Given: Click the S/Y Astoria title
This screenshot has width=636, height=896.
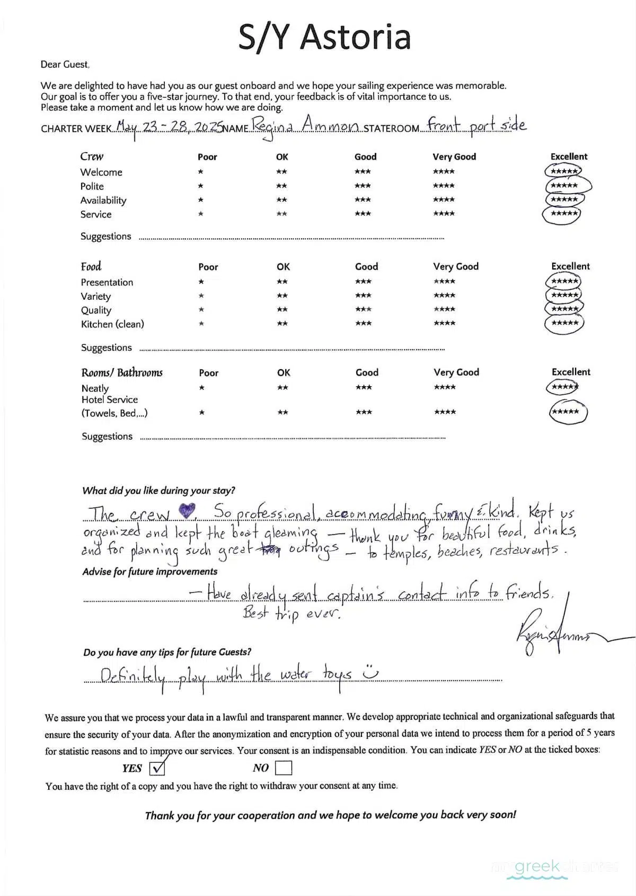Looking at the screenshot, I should [x=324, y=37].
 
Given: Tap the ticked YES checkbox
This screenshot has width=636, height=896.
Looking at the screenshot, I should [x=157, y=768].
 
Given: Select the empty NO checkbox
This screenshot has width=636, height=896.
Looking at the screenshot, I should [x=284, y=768].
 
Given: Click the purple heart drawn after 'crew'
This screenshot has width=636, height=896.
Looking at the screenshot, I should [x=187, y=511].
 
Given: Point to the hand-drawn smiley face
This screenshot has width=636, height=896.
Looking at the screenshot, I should [x=370, y=672].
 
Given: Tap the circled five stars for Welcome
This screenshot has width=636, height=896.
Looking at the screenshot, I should [x=563, y=171].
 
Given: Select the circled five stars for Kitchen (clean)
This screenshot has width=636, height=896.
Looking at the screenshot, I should [x=564, y=323].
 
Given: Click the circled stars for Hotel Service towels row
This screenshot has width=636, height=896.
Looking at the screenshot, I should [x=568, y=412].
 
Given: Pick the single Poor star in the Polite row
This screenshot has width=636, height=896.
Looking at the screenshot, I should [x=200, y=186].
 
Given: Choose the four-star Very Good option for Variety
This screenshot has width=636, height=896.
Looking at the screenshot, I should [x=444, y=295].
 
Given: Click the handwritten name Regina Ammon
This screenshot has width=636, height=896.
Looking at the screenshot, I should [x=306, y=126].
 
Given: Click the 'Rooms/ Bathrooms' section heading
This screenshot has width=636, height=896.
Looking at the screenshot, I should [x=122, y=372].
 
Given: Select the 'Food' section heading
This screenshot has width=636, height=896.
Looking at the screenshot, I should [x=91, y=266].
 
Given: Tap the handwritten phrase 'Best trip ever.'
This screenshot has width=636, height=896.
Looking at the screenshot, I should [x=291, y=614].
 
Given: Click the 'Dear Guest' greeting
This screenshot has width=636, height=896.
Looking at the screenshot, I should [x=65, y=65].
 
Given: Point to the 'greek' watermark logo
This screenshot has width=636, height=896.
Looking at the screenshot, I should [x=537, y=867].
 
